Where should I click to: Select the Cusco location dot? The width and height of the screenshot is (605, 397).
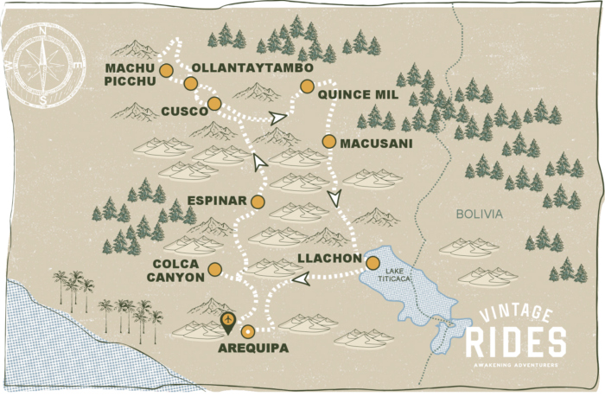pos(214,104)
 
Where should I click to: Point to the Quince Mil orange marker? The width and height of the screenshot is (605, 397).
pos(306,85)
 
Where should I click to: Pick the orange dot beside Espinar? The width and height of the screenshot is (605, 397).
pos(258,202)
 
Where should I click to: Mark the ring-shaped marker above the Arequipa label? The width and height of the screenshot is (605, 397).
pos(248,331)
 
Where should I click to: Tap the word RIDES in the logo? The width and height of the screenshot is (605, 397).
pos(516,343)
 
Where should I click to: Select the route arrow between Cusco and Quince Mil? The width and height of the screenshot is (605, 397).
pos(277,118)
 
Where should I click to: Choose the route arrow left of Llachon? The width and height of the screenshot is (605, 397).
pos(301,279)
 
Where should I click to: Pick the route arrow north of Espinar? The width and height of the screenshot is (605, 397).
pos(259,160)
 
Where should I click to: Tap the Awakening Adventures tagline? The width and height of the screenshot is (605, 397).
pos(516,364)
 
